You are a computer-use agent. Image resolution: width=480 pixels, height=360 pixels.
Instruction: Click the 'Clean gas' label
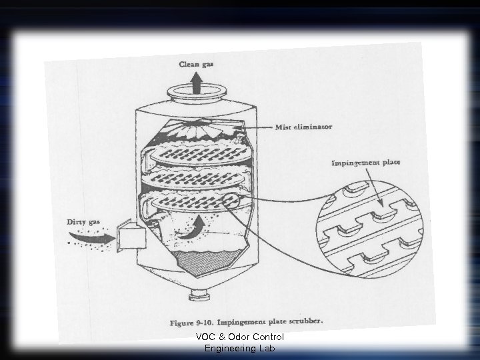pyautogui.click(x=200, y=65)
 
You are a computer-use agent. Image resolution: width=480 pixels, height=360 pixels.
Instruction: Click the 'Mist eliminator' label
pyautogui.click(x=303, y=127)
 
